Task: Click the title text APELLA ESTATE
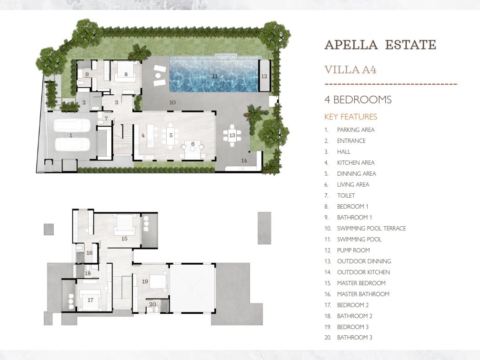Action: pyautogui.click(x=380, y=45)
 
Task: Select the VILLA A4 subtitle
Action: pyautogui.click(x=350, y=70)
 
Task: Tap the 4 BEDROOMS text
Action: pyautogui.click(x=358, y=100)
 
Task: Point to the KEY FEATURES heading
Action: pyautogui.click(x=350, y=117)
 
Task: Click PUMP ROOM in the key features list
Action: pyautogui.click(x=353, y=250)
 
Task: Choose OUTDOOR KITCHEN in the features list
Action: pyautogui.click(x=363, y=272)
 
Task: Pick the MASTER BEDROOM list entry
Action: pyautogui.click(x=361, y=283)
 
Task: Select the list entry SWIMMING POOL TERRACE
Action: pyautogui.click(x=371, y=229)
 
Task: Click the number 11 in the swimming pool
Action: pyautogui.click(x=215, y=76)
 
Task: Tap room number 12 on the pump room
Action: pyautogui.click(x=264, y=76)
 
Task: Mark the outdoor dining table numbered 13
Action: pyautogui.click(x=232, y=135)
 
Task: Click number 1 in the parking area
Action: pyautogui.click(x=70, y=135)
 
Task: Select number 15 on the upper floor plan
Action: pyautogui.click(x=124, y=239)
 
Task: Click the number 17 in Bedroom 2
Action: pyautogui.click(x=90, y=300)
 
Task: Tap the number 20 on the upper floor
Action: pyautogui.click(x=152, y=304)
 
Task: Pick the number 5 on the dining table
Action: pyautogui.click(x=171, y=135)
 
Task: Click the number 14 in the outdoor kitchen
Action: pyautogui.click(x=244, y=160)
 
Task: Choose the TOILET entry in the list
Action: pyautogui.click(x=346, y=196)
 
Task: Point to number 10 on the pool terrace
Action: pyautogui.click(x=173, y=102)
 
